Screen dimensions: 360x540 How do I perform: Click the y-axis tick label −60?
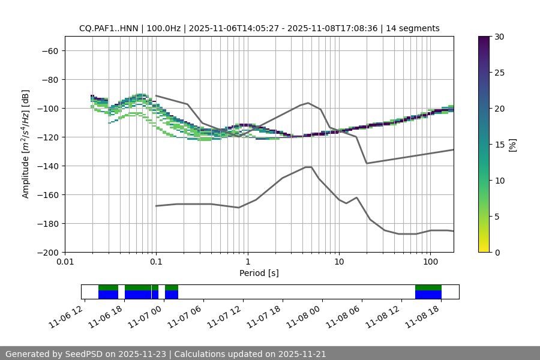pyautogui.click(x=49, y=50)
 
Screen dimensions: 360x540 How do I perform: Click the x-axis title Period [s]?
pyautogui.click(x=259, y=273)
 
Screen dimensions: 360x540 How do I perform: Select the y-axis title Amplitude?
pyautogui.click(x=26, y=144)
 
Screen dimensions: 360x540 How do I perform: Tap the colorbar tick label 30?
pyautogui.click(x=499, y=37)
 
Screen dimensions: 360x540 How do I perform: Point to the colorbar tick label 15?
pyautogui.click(x=499, y=144)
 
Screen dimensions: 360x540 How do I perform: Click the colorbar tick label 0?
pyautogui.click(x=497, y=252)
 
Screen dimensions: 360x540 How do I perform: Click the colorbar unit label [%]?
pyautogui.click(x=512, y=144)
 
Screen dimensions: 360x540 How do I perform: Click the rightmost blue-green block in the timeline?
pyautogui.click(x=428, y=292)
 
